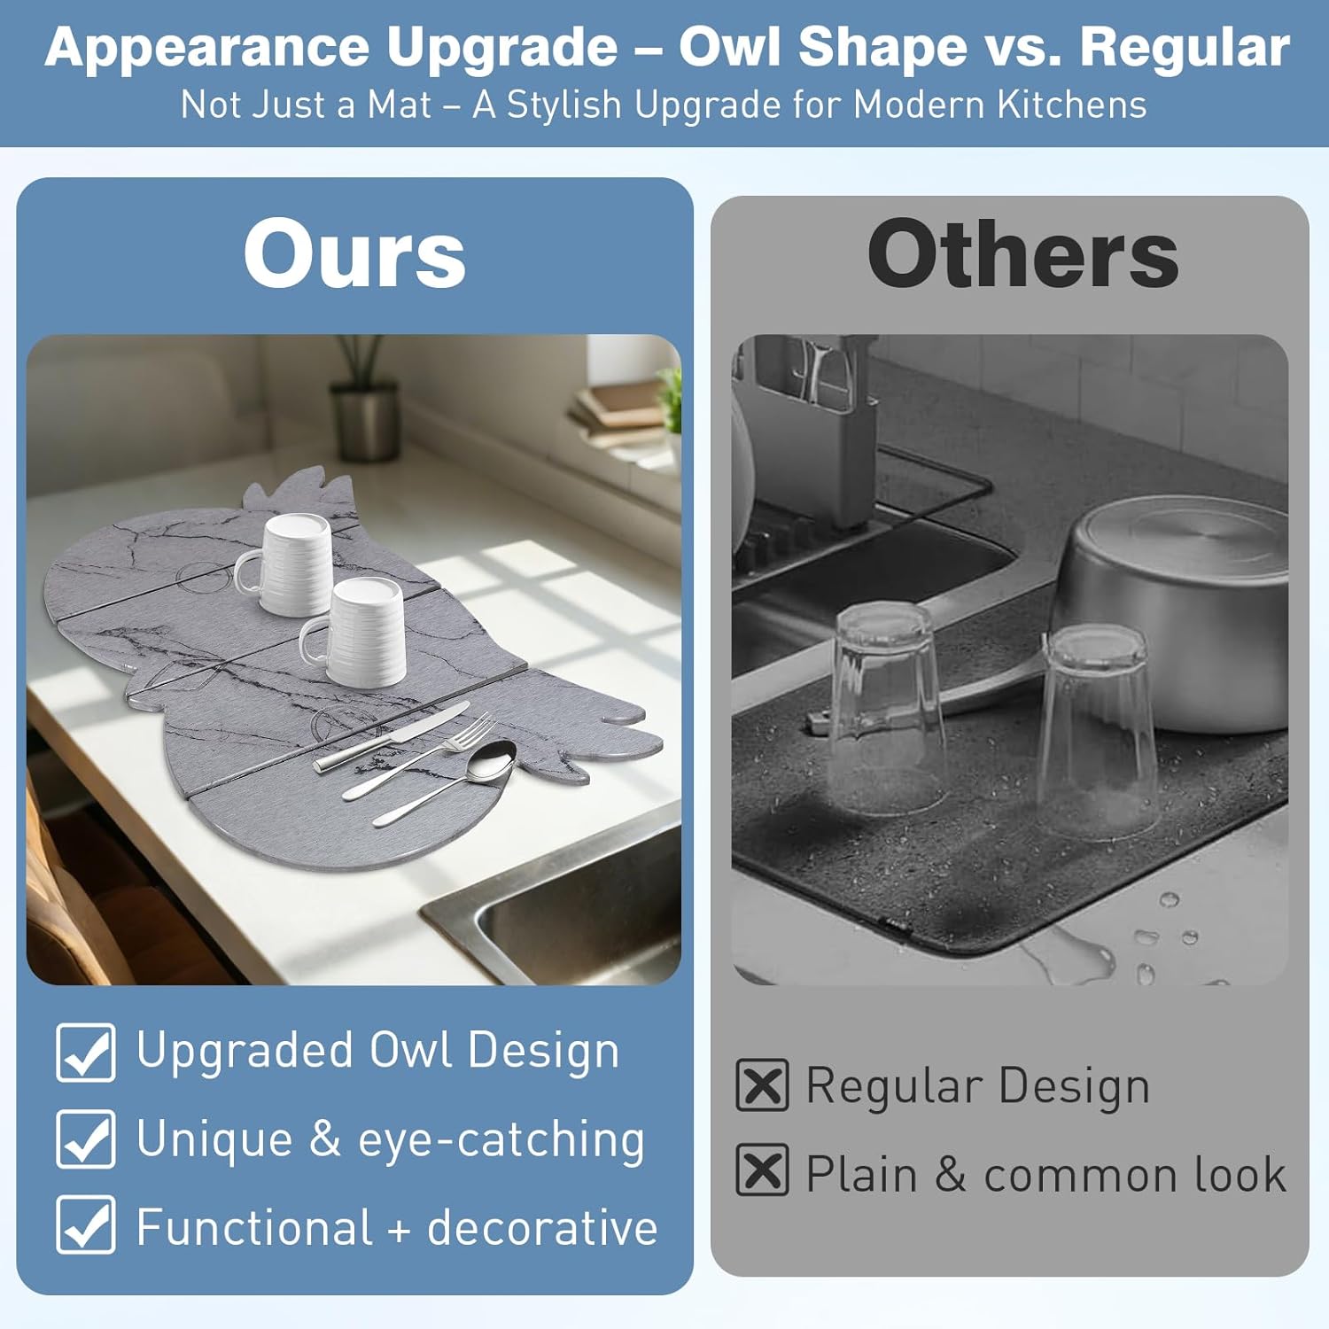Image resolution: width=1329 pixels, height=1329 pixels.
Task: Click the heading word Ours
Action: (x=354, y=254)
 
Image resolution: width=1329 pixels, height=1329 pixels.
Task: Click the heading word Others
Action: (x=1023, y=254)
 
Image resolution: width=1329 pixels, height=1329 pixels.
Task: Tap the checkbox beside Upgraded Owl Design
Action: (x=86, y=1053)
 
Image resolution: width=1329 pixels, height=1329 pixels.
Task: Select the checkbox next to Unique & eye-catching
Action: (x=86, y=1139)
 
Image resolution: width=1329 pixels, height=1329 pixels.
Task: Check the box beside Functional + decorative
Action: (x=86, y=1225)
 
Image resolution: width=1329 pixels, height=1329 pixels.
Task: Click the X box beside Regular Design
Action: (x=762, y=1085)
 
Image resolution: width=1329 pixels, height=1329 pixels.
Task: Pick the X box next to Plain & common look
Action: (x=762, y=1170)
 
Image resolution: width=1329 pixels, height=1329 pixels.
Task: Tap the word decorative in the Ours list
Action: (x=542, y=1228)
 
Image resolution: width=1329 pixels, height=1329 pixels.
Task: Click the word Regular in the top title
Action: (x=1185, y=47)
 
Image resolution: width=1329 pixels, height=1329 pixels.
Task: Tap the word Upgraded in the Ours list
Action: (x=245, y=1052)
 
